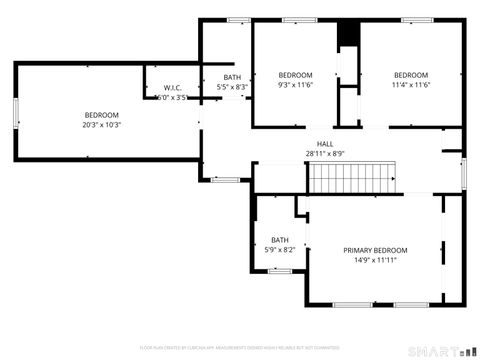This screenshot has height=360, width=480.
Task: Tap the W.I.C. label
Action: tap(172, 88)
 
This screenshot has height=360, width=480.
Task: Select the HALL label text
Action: tap(325, 144)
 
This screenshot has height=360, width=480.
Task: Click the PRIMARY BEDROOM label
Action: tap(375, 250)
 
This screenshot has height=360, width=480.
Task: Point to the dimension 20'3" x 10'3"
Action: tap(101, 125)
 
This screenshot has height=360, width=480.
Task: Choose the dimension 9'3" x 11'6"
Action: tap(295, 86)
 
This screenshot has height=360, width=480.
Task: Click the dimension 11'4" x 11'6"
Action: tap(410, 86)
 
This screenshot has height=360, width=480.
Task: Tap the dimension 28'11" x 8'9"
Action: tap(325, 154)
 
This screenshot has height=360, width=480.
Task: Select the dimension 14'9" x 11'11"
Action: tap(375, 260)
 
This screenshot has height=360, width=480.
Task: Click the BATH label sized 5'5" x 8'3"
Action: tap(232, 77)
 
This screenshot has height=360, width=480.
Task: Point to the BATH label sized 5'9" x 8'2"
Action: tap(279, 239)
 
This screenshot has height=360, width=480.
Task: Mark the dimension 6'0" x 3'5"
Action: tap(172, 98)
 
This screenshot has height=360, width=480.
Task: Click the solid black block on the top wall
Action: tap(347, 34)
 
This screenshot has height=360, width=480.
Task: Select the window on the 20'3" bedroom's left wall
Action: tap(14, 113)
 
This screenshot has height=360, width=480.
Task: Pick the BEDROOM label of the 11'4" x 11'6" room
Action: tap(410, 76)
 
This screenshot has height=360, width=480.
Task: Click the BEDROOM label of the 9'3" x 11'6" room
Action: tap(295, 76)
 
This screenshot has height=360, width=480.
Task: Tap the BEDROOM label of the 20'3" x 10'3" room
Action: tap(101, 115)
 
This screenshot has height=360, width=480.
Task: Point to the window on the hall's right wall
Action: tap(463, 172)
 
